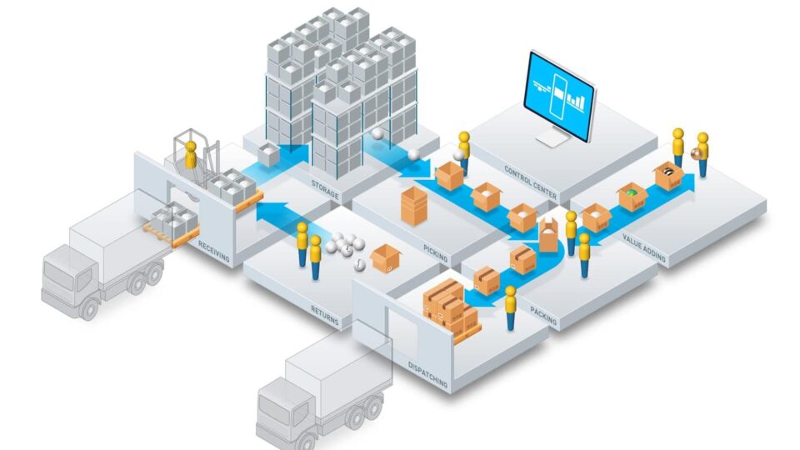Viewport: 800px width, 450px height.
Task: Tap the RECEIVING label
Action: coord(214,252)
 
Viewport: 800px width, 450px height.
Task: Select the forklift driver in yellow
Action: coord(191,156)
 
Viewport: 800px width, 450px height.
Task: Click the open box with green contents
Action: coord(632,197)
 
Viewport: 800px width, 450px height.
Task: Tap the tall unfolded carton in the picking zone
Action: coord(413,206)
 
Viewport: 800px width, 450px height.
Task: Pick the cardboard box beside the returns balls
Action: coord(386,258)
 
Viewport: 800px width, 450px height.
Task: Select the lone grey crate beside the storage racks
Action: coord(268,155)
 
